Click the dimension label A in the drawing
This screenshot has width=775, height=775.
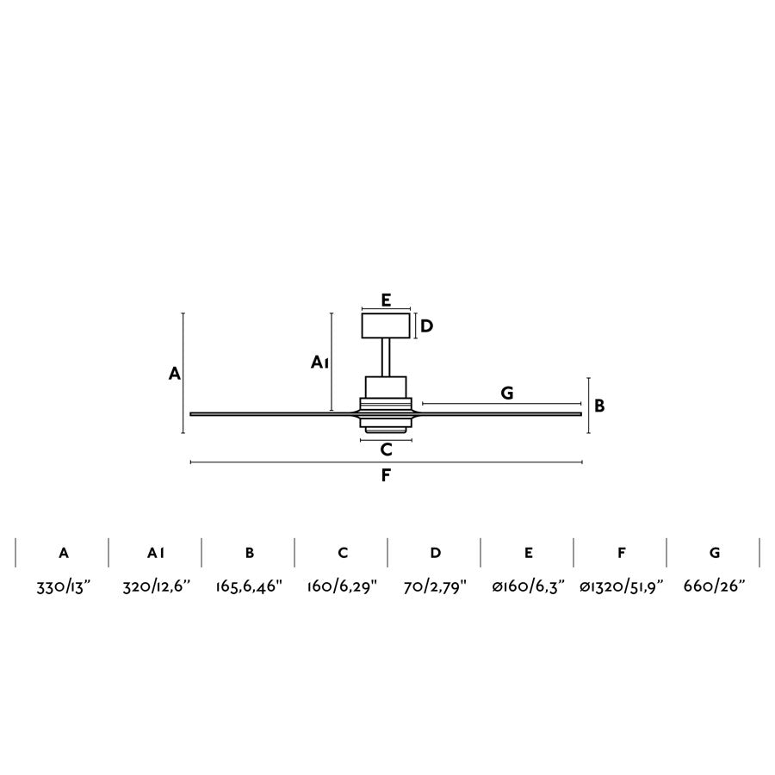click(x=174, y=374)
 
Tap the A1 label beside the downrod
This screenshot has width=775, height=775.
click(x=320, y=363)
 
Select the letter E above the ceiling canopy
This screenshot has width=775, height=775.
click(x=386, y=300)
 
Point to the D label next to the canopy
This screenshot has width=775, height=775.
click(x=426, y=326)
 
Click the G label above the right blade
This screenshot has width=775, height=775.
click(x=507, y=393)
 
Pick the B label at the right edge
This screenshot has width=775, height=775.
click(x=599, y=405)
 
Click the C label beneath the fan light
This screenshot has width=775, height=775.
click(x=386, y=449)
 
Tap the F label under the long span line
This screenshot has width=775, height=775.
click(x=386, y=474)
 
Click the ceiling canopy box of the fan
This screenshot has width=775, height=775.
click(x=386, y=326)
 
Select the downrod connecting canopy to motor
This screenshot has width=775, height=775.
click(x=386, y=358)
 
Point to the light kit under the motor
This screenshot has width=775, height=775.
click(x=386, y=428)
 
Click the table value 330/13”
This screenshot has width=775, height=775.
click(x=62, y=588)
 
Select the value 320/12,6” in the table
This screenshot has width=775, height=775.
click(x=155, y=588)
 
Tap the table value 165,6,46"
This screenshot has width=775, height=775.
click(x=249, y=588)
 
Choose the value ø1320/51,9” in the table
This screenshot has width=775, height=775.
click(x=620, y=588)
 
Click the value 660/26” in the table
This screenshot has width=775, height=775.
click(x=714, y=588)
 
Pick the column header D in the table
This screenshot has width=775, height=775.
click(x=435, y=553)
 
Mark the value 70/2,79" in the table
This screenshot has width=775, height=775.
click(x=435, y=588)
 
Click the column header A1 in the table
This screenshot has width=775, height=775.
click(x=155, y=553)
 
